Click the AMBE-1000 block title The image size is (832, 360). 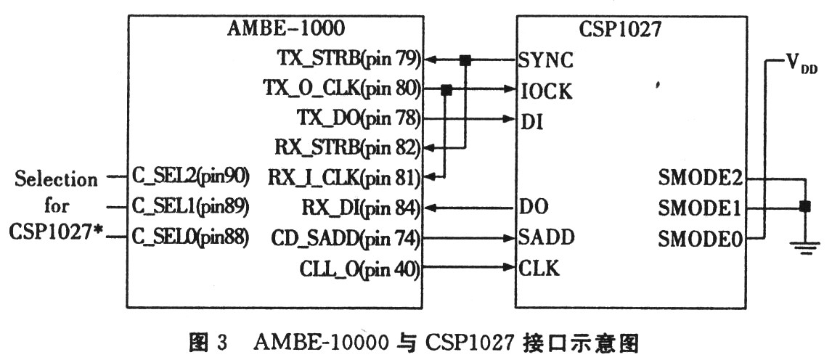coord(285,28)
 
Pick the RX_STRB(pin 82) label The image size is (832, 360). coord(348,147)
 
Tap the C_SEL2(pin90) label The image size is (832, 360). coord(189,178)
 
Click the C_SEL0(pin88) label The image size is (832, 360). coord(189,238)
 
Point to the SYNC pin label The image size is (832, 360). coord(546,60)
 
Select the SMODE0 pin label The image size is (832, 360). coord(701,240)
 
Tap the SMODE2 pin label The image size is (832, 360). coord(701,180)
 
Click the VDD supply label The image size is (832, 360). coord(802,65)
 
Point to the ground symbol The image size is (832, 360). coord(804,247)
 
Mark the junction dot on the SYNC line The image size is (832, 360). coord(465,60)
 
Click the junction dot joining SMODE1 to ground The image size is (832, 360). coord(804,206)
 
